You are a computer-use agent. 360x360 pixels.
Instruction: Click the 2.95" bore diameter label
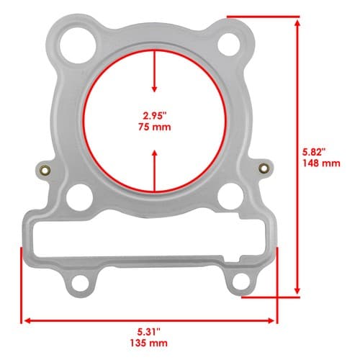[x=155, y=116]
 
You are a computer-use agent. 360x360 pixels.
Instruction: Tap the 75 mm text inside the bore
[x=155, y=127]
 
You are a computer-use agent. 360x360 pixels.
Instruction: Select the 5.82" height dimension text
[x=314, y=152]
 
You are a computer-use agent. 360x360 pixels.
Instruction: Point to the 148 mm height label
[x=321, y=163]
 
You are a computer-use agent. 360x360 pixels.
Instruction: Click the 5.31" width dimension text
[x=149, y=333]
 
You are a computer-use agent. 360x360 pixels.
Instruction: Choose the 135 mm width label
[x=149, y=343]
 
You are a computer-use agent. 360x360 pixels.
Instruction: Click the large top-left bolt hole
[x=78, y=45]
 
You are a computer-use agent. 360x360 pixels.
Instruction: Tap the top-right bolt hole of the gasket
[x=228, y=45]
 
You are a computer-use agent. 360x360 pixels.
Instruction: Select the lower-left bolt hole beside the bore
[x=79, y=197]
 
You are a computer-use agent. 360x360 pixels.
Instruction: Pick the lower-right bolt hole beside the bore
[x=230, y=196]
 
